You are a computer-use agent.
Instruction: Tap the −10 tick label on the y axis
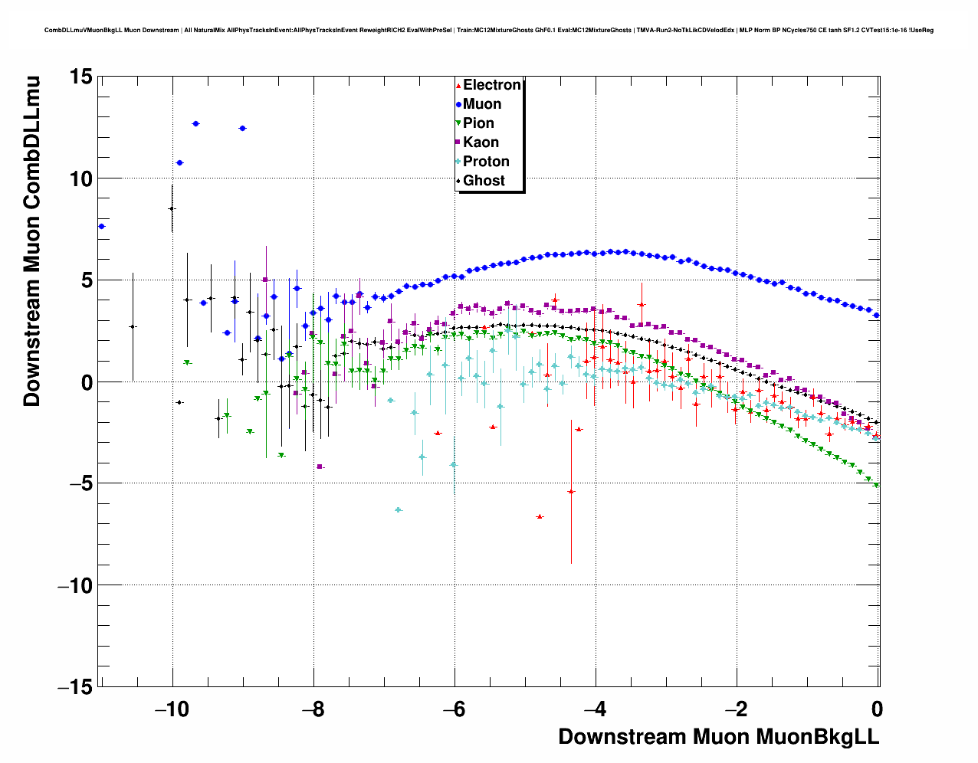tap(75, 585)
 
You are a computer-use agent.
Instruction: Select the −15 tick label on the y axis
tap(75, 687)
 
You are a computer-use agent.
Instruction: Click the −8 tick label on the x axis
tap(313, 709)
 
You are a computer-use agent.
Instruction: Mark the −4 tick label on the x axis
tap(595, 709)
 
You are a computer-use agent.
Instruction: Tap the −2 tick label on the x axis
tap(736, 709)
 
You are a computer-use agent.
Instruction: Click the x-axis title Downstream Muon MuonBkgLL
tap(718, 737)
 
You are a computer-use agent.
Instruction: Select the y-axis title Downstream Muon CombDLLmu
tap(32, 241)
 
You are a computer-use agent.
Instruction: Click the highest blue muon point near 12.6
tap(195, 123)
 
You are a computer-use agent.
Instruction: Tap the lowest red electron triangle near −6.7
tap(540, 517)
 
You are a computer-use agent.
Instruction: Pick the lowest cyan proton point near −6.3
tap(398, 509)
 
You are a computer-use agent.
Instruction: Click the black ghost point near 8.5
tap(172, 208)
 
